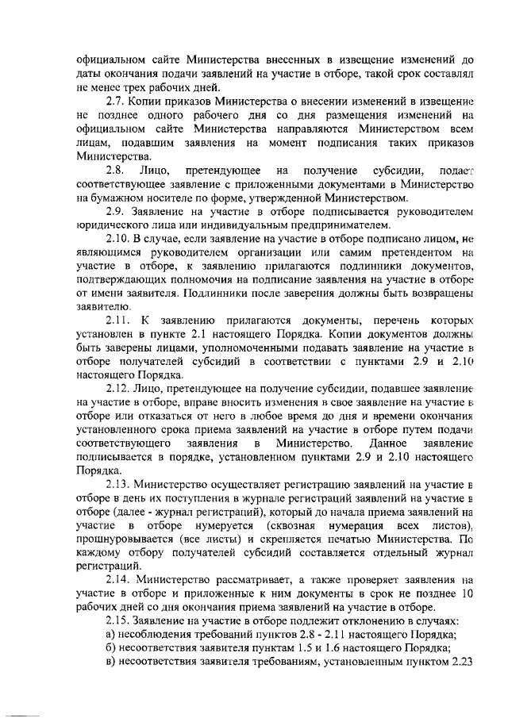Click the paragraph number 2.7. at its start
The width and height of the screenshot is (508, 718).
[x=116, y=102]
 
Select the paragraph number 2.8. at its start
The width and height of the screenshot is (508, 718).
[x=116, y=170]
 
